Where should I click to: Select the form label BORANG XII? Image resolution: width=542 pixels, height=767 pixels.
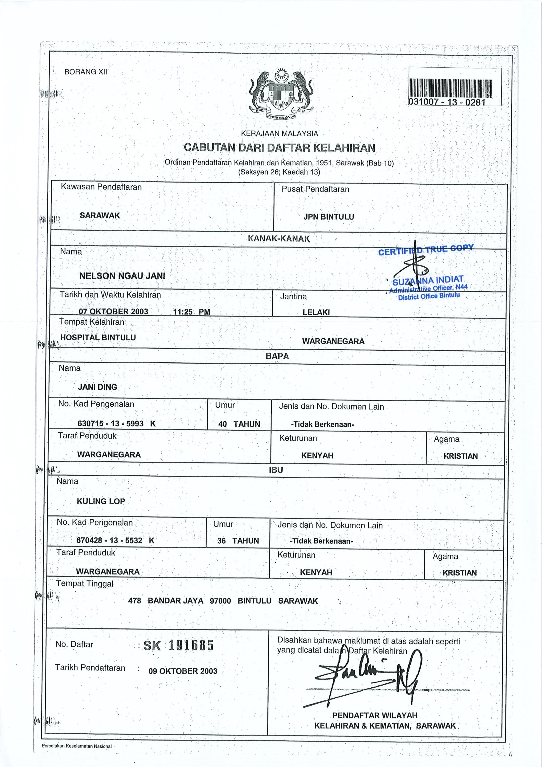(x=85, y=72)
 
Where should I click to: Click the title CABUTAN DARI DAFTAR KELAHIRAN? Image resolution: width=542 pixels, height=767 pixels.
(x=280, y=148)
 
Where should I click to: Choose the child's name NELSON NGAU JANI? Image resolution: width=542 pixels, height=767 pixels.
(x=122, y=276)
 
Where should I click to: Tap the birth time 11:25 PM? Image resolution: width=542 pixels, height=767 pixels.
(x=191, y=312)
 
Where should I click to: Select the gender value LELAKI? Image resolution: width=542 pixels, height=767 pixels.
(x=316, y=313)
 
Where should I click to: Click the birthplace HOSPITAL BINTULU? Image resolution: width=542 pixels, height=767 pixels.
(x=98, y=338)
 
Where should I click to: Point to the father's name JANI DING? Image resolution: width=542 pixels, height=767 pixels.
(x=97, y=387)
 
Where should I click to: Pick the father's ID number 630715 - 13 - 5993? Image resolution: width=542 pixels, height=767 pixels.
(x=111, y=424)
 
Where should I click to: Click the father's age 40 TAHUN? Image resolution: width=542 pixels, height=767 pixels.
(x=239, y=424)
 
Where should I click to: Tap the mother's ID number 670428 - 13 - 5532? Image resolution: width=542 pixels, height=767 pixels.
(x=109, y=541)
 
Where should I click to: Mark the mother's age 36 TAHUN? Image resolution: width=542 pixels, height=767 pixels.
(x=238, y=541)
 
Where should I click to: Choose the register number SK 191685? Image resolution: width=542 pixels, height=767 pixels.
(x=178, y=645)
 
